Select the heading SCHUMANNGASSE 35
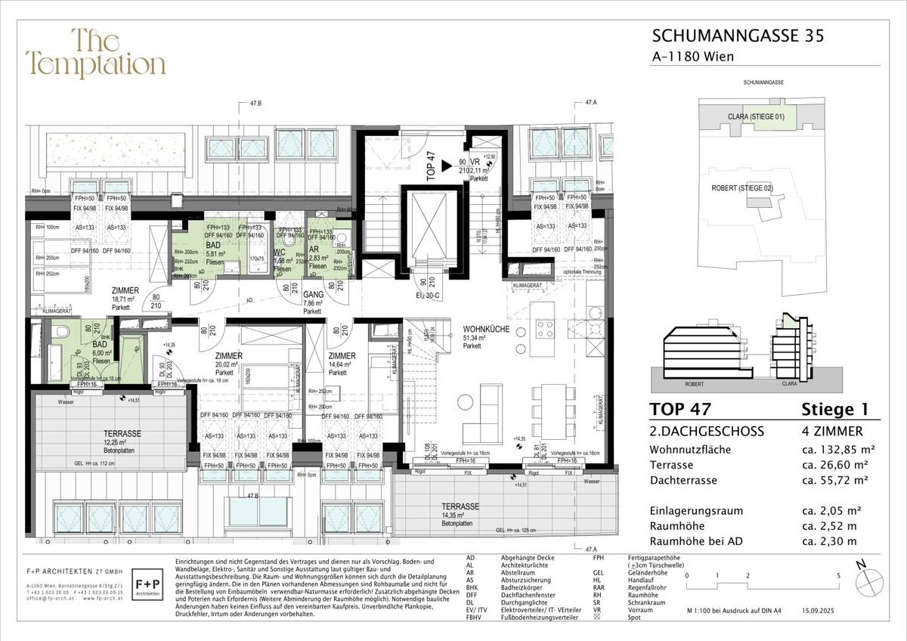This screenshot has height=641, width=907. tap(732, 35)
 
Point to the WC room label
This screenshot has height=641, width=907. tap(279, 252)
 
